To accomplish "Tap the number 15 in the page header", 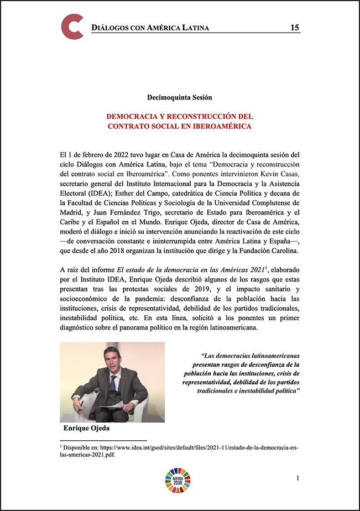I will [x=295, y=28].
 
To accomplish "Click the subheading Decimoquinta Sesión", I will [x=180, y=97].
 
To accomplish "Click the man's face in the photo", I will [x=111, y=362].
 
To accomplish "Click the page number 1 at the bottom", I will [x=298, y=477].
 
